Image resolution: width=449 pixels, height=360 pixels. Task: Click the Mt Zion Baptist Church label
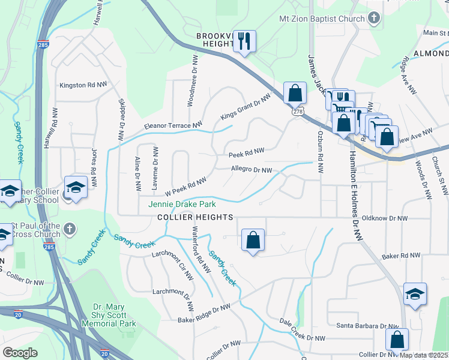(322, 19)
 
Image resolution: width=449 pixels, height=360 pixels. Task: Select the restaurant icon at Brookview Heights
(244, 41)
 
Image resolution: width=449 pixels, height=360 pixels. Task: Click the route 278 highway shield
(298, 112)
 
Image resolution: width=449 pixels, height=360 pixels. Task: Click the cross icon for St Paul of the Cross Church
(70, 228)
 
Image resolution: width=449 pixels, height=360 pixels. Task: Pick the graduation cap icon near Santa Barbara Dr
(415, 294)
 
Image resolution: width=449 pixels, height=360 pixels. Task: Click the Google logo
(20, 353)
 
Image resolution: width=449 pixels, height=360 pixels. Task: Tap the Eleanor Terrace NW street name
(173, 126)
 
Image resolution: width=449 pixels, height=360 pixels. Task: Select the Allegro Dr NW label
(252, 170)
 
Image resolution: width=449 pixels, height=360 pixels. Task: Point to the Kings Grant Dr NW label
(246, 107)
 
